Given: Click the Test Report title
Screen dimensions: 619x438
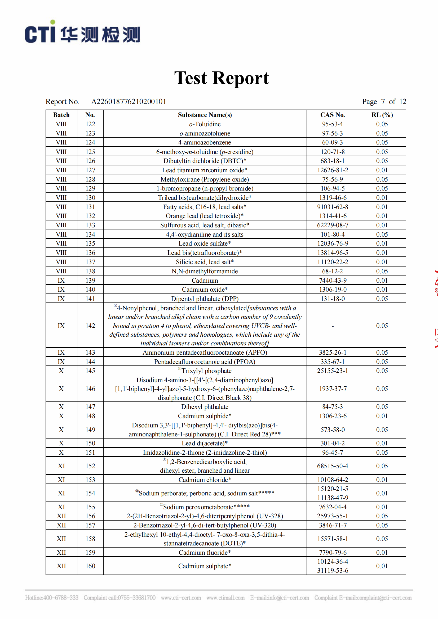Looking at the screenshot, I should point(221,78).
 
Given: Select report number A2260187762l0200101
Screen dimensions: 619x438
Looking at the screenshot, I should point(129,102).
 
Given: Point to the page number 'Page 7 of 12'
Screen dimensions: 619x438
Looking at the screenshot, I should point(384,102).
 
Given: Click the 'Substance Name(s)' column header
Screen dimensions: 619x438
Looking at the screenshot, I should point(205,115).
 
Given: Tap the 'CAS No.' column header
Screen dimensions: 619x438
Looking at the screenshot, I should point(333,115).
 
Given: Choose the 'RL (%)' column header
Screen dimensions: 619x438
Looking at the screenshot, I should point(382,115).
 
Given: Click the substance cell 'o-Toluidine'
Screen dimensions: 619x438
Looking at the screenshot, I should point(205,124).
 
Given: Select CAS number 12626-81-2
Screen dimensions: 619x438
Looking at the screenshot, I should point(333,170).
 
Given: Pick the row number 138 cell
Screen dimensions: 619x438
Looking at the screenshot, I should point(90,271).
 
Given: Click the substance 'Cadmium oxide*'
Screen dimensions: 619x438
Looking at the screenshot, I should point(205,290).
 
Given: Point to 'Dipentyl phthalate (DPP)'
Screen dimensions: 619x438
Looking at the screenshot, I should point(205,299).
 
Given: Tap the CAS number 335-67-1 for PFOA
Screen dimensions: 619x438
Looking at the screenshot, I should point(333,362).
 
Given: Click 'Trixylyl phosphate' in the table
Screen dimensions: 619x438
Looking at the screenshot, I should point(206,371).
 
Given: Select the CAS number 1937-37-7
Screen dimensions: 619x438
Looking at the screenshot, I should point(333,389).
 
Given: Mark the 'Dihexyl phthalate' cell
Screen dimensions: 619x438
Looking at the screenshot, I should point(205,407).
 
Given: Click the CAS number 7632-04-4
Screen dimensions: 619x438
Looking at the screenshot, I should point(333,507).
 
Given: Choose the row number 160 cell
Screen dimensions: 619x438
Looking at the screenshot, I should point(90,566).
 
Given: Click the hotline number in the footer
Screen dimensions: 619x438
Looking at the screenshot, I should point(52,598).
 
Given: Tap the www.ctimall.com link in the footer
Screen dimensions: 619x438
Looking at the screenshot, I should point(225,598).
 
